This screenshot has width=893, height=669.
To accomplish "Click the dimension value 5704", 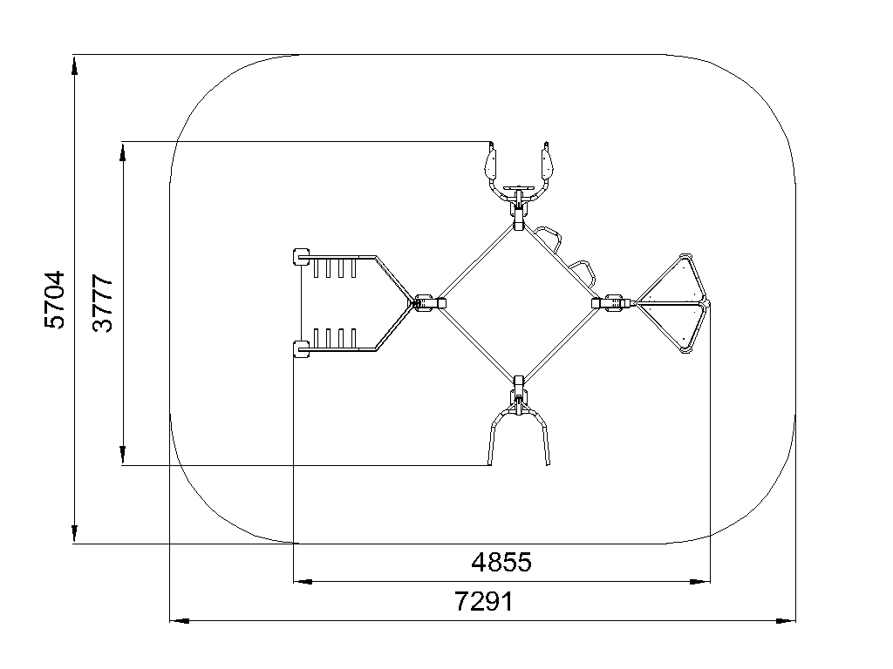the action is click(x=55, y=300).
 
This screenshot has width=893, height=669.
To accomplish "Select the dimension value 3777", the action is click(x=103, y=303).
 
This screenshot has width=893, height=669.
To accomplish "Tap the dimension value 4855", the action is click(x=501, y=563).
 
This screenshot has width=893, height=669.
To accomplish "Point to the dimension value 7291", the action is click(x=484, y=601).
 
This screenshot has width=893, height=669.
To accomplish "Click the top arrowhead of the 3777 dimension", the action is click(x=122, y=152).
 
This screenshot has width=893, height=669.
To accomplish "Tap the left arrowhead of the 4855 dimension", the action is click(x=303, y=581).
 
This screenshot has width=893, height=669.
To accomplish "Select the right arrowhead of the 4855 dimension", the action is click(x=700, y=581).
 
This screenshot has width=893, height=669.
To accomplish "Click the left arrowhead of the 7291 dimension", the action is click(x=180, y=620).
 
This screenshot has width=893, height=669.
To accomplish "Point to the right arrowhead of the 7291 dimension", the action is click(x=786, y=620).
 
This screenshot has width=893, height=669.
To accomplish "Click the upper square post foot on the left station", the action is click(x=301, y=257).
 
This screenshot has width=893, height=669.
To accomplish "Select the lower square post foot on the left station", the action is click(x=301, y=348).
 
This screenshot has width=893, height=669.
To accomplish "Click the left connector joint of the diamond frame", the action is click(x=428, y=302).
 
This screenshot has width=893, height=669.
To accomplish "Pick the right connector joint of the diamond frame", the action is click(x=610, y=302).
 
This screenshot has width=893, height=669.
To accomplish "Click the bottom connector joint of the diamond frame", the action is click(x=518, y=386).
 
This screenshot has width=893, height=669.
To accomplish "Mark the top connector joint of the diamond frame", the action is click(x=518, y=219).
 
